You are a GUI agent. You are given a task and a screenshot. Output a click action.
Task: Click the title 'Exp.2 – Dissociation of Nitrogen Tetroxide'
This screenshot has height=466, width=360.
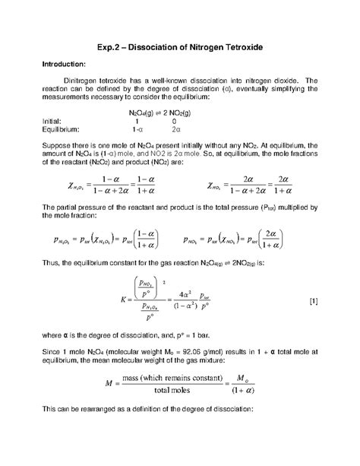pos(179,47)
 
